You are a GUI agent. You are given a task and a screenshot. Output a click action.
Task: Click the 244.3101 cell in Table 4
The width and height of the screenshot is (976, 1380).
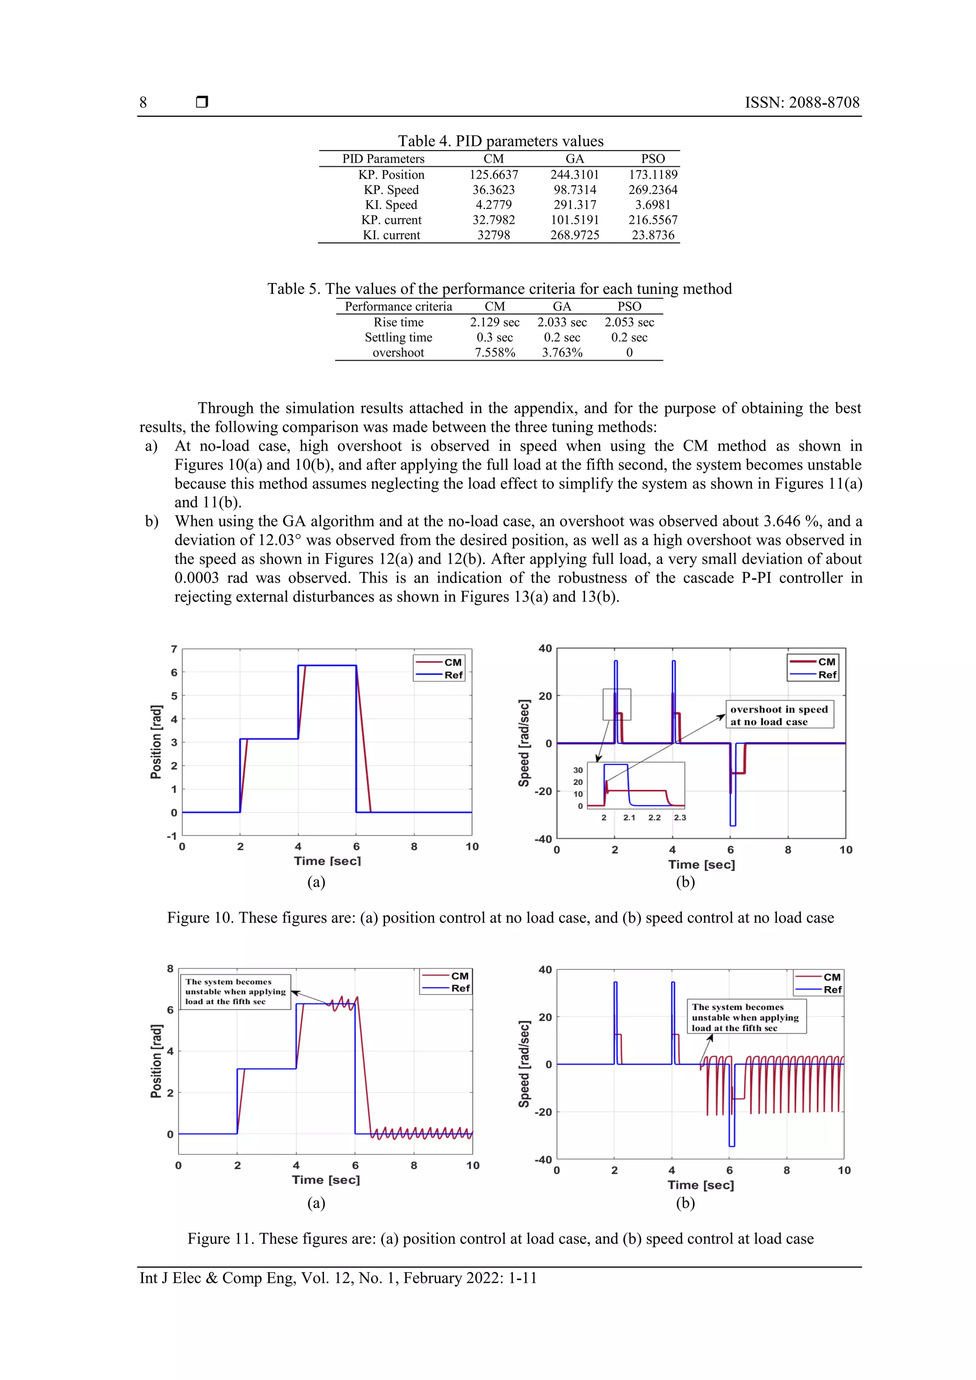pyautogui.click(x=574, y=174)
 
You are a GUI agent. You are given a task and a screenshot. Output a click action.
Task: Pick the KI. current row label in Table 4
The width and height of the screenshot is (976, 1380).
pyautogui.click(x=391, y=235)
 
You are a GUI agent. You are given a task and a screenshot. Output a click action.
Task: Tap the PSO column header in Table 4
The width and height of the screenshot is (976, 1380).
pyautogui.click(x=652, y=159)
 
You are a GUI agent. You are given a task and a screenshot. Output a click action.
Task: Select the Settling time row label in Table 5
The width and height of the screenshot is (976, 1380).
pyautogui.click(x=398, y=337)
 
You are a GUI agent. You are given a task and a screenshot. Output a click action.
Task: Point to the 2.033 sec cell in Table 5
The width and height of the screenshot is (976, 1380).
pyautogui.click(x=562, y=322)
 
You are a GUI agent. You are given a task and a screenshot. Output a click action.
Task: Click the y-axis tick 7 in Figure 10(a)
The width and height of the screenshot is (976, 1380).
pyautogui.click(x=174, y=649)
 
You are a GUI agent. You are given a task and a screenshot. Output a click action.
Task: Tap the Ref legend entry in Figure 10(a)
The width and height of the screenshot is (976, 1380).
pyautogui.click(x=453, y=675)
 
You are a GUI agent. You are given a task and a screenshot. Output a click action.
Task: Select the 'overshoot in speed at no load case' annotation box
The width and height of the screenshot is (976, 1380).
pyautogui.click(x=779, y=715)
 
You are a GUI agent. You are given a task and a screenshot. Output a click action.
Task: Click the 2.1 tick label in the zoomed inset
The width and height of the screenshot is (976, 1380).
pyautogui.click(x=629, y=817)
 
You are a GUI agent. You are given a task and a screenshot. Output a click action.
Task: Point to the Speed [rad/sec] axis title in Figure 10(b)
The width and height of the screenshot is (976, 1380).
pyautogui.click(x=524, y=743)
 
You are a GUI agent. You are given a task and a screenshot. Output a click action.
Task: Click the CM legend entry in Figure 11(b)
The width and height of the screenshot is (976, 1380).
pyautogui.click(x=831, y=977)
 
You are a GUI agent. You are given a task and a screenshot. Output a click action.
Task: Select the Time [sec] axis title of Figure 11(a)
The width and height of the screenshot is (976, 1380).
pyautogui.click(x=326, y=1179)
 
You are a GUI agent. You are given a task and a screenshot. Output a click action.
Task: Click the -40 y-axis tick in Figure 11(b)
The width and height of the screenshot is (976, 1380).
pyautogui.click(x=544, y=1159)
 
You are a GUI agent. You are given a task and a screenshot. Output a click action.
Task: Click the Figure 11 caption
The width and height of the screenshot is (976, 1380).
pyautogui.click(x=500, y=1239)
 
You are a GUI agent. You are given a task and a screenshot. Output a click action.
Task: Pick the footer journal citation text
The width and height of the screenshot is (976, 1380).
pyautogui.click(x=338, y=1278)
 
